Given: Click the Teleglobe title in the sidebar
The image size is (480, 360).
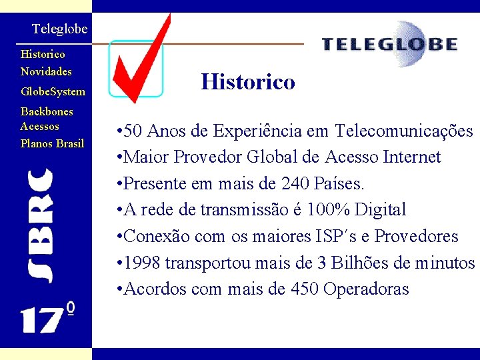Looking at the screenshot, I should pos(59,29).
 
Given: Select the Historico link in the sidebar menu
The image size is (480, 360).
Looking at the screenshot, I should pos(43,54).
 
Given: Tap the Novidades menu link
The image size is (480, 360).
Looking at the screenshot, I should pos(46,71).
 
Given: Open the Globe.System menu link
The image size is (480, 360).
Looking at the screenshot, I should pos(53,91).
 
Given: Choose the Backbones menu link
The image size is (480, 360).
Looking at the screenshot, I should pos(47,111).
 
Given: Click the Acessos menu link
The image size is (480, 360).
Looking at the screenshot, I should pos(40,126).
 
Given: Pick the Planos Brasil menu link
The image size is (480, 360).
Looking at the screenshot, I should pos(52,143).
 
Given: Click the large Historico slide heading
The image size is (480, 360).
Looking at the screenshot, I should pos(248,82).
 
